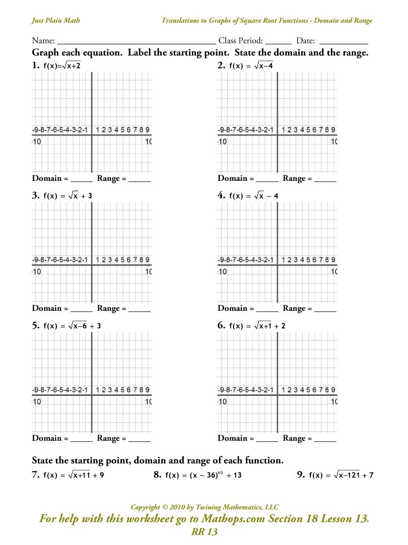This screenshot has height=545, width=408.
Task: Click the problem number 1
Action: point(35,65)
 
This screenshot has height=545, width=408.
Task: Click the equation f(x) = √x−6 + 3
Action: point(73,326)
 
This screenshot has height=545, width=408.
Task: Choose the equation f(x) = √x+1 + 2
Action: point(257,326)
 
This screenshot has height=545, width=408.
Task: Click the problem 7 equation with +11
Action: point(74,474)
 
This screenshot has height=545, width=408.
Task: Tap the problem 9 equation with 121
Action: point(341,474)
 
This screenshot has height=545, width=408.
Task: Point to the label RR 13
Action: point(203,532)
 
